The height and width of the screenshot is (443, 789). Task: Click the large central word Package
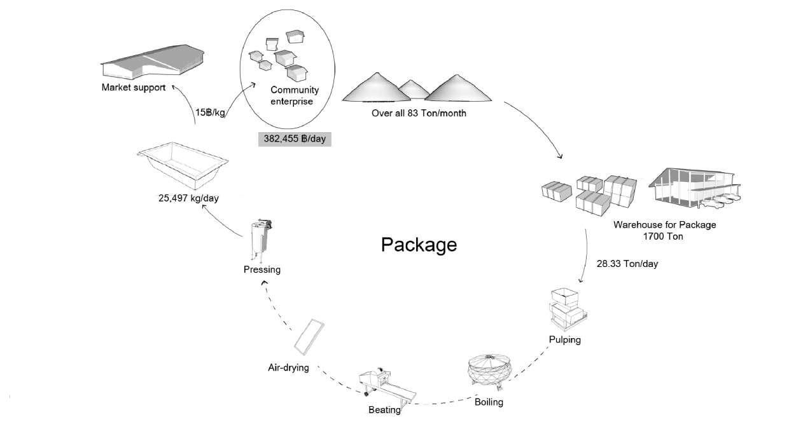pyautogui.click(x=419, y=245)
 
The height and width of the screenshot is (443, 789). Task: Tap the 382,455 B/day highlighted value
pyautogui.click(x=295, y=139)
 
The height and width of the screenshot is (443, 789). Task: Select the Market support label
pyautogui.click(x=134, y=87)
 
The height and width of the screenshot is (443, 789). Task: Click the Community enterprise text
pyautogui.click(x=295, y=96)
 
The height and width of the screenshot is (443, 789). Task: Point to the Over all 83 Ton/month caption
pyautogui.click(x=419, y=113)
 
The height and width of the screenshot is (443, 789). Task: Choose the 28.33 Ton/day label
pyautogui.click(x=627, y=264)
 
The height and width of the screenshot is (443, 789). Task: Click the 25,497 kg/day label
pyautogui.click(x=188, y=198)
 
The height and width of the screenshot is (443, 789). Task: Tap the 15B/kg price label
pyautogui.click(x=210, y=112)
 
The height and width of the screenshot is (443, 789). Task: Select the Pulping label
pyautogui.click(x=564, y=340)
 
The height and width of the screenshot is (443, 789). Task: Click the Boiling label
pyautogui.click(x=489, y=402)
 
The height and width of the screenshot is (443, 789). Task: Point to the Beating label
pyautogui.click(x=384, y=410)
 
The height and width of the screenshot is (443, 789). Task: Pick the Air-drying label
pyautogui.click(x=288, y=368)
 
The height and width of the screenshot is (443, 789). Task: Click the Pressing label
pyautogui.click(x=262, y=270)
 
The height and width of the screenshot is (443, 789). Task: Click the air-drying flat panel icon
pyautogui.click(x=309, y=337)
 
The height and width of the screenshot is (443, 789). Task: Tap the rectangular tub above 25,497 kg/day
pyautogui.click(x=183, y=166)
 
